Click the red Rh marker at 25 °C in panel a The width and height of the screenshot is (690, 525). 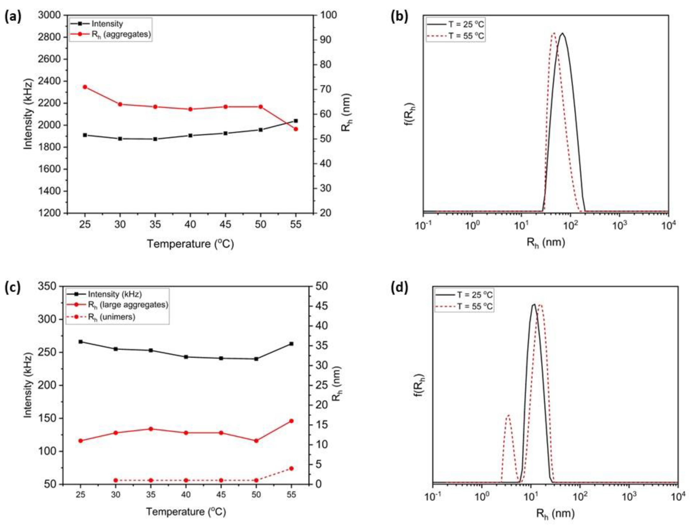tap(85, 87)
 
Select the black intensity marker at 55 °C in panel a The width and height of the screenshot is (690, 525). tap(296, 121)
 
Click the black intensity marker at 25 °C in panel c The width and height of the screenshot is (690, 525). tap(81, 341)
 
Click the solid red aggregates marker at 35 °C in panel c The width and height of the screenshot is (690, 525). tap(151, 429)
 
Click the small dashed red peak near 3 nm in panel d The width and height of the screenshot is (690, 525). tap(508, 415)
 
